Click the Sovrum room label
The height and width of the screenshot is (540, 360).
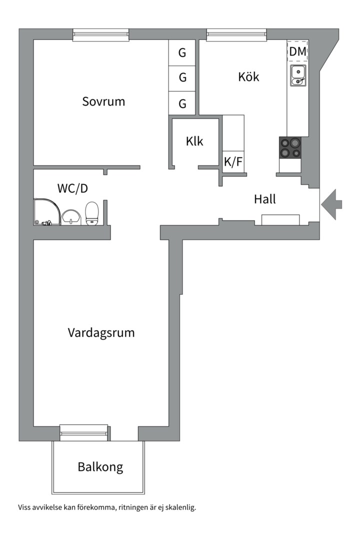pos(103,101)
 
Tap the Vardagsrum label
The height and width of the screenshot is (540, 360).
pos(101,333)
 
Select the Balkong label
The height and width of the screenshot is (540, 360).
pos(100,467)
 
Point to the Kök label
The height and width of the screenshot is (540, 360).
pos(248,76)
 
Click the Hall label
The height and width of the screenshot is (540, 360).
pos(265,199)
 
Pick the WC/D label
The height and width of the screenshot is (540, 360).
pos(72,188)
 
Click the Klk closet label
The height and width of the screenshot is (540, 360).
pos(194,141)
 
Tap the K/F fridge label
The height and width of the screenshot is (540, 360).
pos(233,161)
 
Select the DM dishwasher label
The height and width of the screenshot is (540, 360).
pos(297,51)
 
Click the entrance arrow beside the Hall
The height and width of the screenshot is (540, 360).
pos(331,204)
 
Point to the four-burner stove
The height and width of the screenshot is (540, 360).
pos(290,147)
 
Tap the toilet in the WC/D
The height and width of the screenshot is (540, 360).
pos(92,213)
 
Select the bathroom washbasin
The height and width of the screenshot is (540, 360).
pos(71,217)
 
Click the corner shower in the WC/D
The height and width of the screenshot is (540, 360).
pos(47,212)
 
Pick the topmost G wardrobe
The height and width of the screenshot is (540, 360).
pos(182,52)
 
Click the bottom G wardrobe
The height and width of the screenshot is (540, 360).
pos(182,103)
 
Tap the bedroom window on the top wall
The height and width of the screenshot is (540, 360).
pos(101,35)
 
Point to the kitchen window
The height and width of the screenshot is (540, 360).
pos(236,35)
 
